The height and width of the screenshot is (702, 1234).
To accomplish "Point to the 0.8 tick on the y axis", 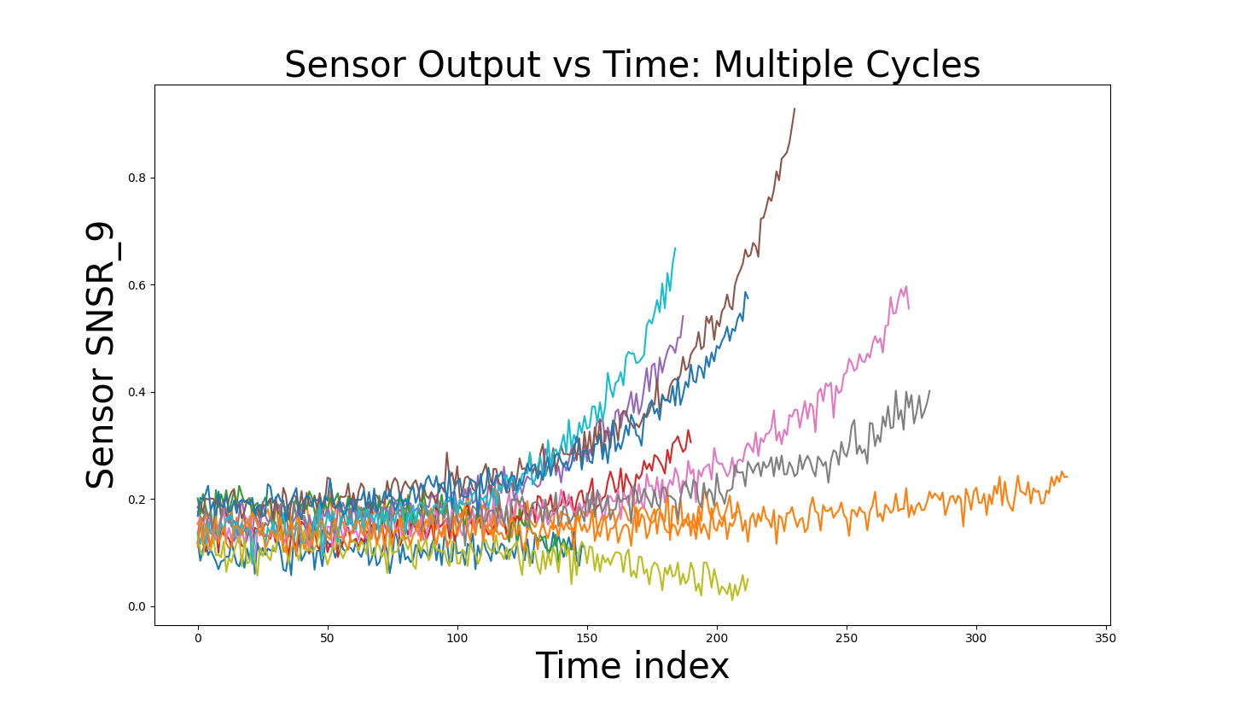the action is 137,178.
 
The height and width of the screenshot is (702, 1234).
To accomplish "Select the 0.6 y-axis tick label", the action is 137,285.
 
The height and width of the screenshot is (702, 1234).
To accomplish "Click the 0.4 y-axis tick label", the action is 137,393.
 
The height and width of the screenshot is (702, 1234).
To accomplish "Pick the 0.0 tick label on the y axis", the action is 137,606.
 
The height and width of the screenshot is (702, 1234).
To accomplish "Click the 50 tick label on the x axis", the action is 327,639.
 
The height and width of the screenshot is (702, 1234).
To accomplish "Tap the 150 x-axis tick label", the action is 586,639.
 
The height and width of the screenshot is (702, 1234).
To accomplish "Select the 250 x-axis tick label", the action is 847,639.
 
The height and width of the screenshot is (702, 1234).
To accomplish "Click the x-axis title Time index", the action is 632,665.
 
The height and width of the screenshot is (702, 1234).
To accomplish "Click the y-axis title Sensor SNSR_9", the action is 100,355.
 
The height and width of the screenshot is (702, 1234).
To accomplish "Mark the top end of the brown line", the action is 795,108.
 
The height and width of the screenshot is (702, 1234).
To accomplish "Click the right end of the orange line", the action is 1067,477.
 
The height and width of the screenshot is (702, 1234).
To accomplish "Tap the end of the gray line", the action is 930,391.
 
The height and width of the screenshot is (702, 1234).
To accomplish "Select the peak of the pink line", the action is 906,286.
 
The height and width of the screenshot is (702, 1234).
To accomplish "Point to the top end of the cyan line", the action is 675,249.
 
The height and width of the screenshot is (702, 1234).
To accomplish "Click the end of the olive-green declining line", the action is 748,578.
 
